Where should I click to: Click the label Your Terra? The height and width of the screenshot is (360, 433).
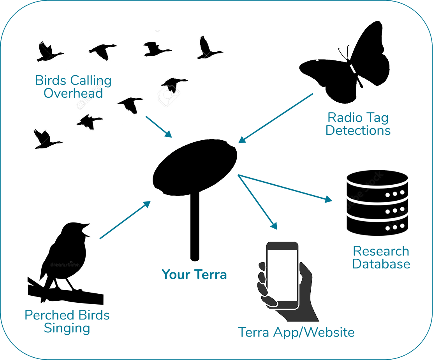[194, 274]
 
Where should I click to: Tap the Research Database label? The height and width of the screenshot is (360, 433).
[381, 258]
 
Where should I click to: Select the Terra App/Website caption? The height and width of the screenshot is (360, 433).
[296, 332]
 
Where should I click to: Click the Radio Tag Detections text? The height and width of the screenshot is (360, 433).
[358, 124]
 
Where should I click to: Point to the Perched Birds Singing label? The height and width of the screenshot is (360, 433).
[67, 321]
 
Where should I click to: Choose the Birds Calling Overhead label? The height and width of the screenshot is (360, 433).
[73, 87]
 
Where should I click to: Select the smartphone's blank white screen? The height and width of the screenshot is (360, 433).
[282, 275]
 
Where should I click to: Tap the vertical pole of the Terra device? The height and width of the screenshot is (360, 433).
[195, 226]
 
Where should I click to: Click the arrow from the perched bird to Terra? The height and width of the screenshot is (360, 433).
[125, 220]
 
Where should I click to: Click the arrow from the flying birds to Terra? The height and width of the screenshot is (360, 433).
[158, 127]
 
